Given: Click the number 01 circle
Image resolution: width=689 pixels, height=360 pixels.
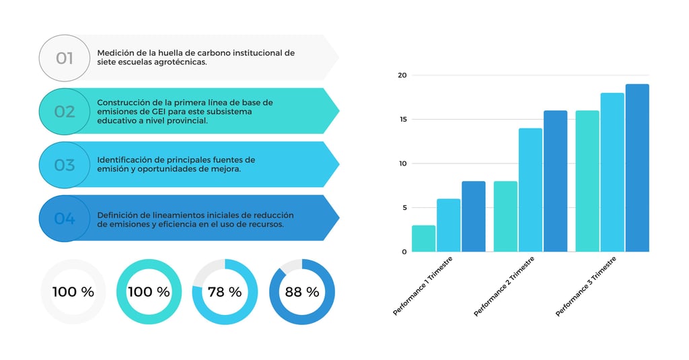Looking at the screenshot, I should (64, 58).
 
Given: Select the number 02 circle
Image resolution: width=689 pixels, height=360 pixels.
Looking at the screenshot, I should (64, 111).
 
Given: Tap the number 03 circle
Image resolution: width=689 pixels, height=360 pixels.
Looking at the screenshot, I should (64, 165).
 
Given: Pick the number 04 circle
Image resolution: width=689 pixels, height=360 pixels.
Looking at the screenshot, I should (64, 218).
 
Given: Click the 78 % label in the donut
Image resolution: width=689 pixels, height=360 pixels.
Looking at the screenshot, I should (225, 292).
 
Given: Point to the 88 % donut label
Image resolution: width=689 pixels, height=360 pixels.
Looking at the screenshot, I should (302, 292).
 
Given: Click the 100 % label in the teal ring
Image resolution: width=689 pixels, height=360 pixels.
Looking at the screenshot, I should (149, 292).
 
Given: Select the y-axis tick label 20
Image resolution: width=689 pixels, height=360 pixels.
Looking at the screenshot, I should (402, 75).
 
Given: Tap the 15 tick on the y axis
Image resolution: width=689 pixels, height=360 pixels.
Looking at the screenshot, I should (402, 120).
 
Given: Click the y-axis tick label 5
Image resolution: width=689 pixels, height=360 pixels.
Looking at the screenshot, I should (404, 208).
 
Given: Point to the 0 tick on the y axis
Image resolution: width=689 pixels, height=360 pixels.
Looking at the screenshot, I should (404, 252).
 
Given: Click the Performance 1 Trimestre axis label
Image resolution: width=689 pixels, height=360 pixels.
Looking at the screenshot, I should (423, 285).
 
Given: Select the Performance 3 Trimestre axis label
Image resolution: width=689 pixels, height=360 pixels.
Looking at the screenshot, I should (586, 285).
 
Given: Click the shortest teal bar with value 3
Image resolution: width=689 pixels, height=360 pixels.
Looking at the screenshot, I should (423, 239).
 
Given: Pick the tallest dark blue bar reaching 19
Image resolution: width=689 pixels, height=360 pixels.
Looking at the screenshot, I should (637, 168).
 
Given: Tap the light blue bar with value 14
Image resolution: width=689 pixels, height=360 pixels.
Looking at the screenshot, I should (530, 190).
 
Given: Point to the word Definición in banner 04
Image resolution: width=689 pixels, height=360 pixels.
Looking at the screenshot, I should (118, 215).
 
